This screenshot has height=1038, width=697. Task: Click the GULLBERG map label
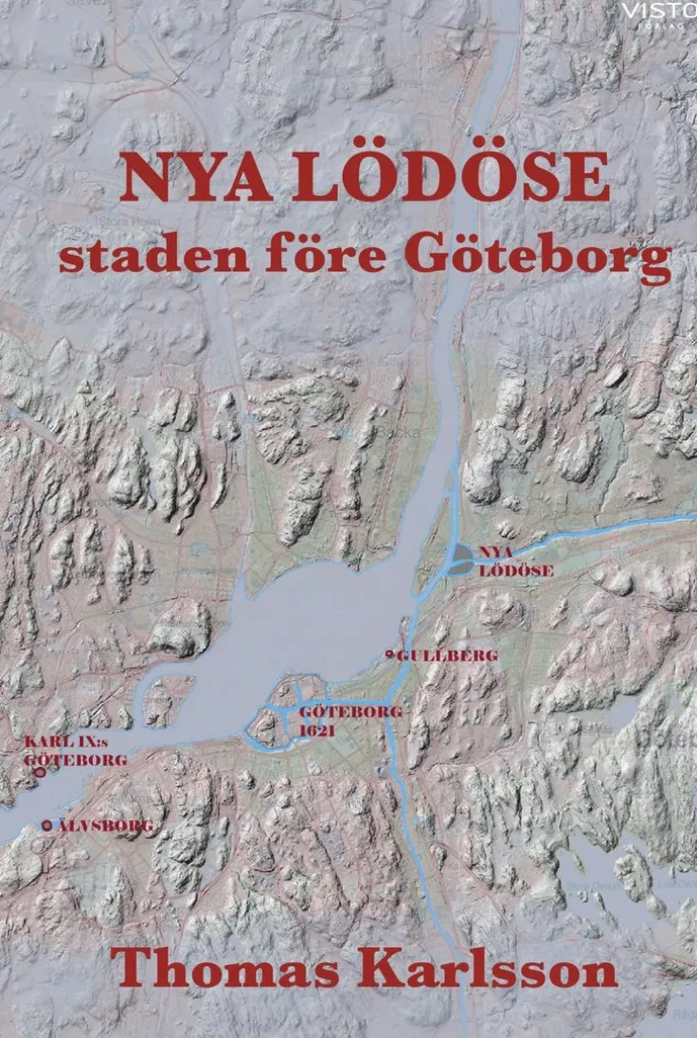point(447,654)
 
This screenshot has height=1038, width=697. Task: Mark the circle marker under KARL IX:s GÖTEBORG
point(41,773)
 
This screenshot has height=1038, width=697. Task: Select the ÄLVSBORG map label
point(104,826)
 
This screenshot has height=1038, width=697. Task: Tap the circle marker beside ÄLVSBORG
point(47,826)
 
